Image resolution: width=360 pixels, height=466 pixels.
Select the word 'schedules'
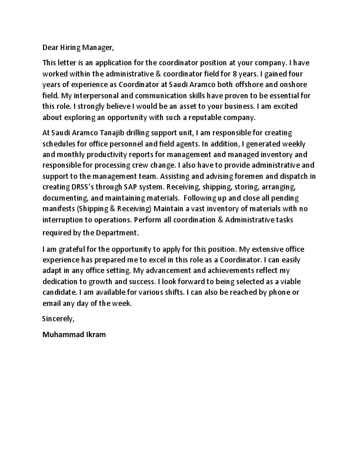click(x=60, y=143)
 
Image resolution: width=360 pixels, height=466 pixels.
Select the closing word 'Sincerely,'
click(x=59, y=318)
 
